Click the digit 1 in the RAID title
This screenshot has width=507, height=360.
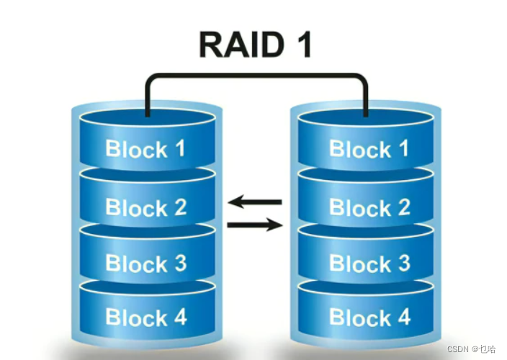302,44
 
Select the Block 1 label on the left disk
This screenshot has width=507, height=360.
145,149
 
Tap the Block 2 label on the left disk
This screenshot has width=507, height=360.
145,207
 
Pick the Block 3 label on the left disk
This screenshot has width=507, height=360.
145,263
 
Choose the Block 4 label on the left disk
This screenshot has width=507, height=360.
145,316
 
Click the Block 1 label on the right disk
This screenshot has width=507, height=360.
369,149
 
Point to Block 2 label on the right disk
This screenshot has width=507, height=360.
369,207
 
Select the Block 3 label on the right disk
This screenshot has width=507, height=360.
369,263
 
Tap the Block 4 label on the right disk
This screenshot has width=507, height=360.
369,316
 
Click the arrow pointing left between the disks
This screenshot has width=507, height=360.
255,202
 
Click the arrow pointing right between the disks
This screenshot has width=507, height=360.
255,225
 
